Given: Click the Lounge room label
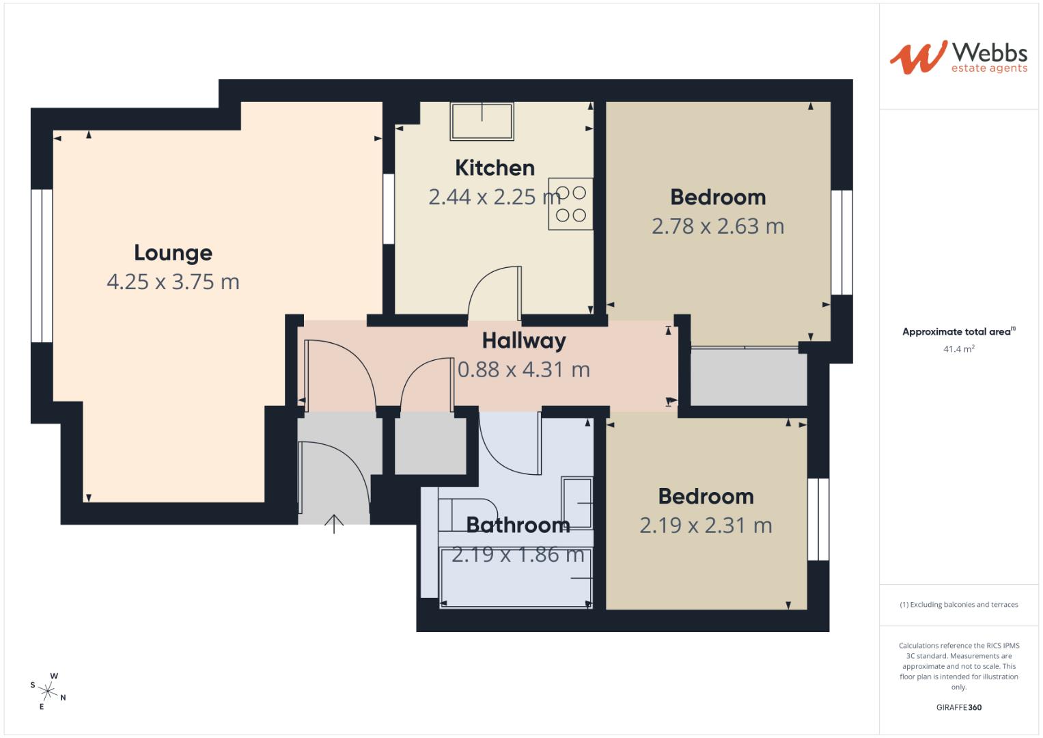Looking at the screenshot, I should click(x=173, y=253).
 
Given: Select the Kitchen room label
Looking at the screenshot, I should click(x=495, y=167).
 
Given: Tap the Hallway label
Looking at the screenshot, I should click(x=524, y=340).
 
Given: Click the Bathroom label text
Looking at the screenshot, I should click(x=518, y=525).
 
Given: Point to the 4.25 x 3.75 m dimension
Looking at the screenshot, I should click(x=173, y=282).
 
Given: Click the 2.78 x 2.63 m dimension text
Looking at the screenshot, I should click(x=717, y=226).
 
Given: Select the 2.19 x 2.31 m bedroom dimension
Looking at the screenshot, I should click(x=706, y=525).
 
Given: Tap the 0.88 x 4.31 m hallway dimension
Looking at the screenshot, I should click(x=523, y=370).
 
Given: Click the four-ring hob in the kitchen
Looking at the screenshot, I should click(x=570, y=204).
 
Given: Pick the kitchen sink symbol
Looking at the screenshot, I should click(x=482, y=122).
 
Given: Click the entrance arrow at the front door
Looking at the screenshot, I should click(x=333, y=523).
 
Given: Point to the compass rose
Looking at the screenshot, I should click(x=49, y=690).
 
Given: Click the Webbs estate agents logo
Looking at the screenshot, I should click(x=958, y=57).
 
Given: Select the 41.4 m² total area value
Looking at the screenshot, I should click(x=958, y=348).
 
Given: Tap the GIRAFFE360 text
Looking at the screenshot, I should click(x=958, y=707).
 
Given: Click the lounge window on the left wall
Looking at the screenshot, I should click(x=42, y=265).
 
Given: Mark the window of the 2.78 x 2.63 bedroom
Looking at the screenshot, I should click(x=842, y=242).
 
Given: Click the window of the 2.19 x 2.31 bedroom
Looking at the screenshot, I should click(x=818, y=519).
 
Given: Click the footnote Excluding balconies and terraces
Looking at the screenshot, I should click(x=958, y=605).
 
